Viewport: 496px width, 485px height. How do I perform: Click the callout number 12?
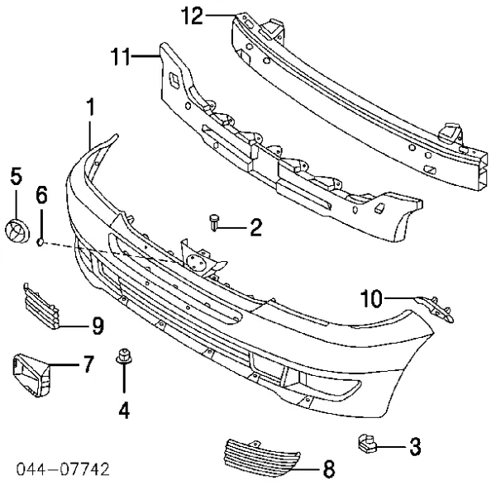coord(192,17)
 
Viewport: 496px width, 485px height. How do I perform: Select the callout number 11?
coord(121,56)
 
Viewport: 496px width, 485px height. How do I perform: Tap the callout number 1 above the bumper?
coord(90,107)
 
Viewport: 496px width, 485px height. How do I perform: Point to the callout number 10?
coord(371,298)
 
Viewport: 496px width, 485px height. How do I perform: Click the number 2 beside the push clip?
coord(256,227)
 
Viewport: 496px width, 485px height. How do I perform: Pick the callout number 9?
coord(98,326)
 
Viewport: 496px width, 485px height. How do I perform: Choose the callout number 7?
coord(88,364)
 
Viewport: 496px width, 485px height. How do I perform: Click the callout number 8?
coord(329,468)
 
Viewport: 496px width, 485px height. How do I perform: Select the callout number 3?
coord(415,446)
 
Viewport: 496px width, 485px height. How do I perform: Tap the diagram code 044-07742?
coord(64,469)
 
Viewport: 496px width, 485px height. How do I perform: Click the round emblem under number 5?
coord(17,231)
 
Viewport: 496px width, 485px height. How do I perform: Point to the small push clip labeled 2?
coord(214,222)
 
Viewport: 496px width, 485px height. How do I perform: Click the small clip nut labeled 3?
coord(367,443)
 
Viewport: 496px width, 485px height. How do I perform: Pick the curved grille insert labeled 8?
coord(262,457)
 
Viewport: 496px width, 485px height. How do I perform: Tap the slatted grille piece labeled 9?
coord(41,306)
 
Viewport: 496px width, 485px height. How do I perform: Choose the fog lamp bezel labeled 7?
coord(31,375)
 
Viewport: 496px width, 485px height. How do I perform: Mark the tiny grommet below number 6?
coord(41,243)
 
